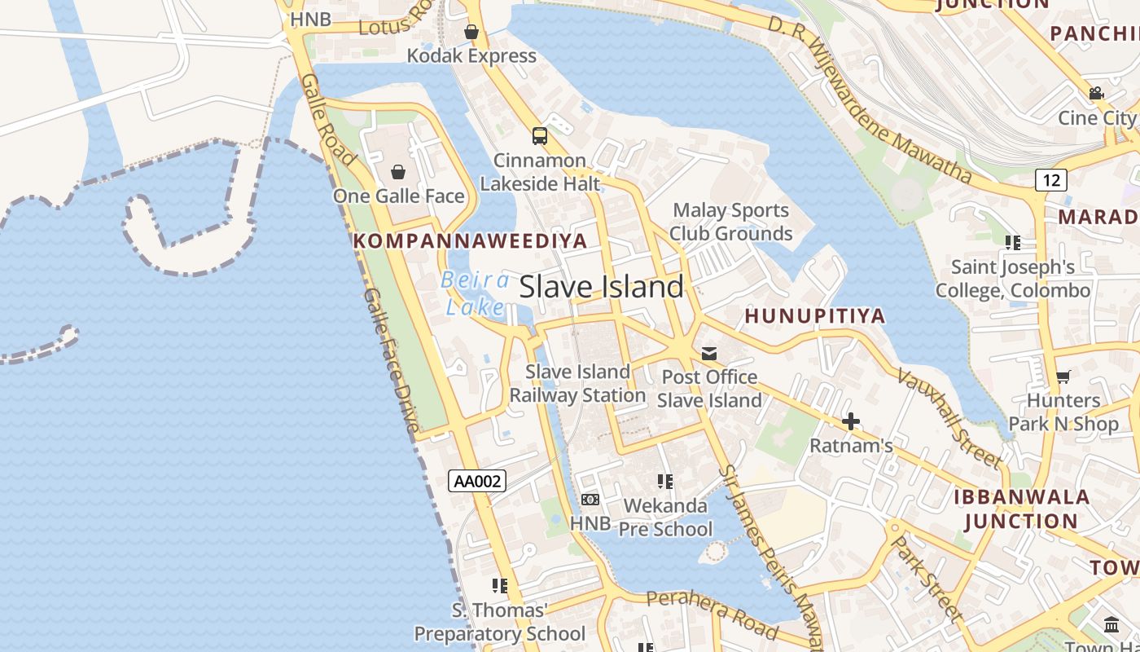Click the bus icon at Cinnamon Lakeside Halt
539,135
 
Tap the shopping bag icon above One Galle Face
398,172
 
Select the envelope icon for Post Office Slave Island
709,353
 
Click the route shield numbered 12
1051,179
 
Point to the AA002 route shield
477,481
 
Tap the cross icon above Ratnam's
851,421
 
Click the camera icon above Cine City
1096,94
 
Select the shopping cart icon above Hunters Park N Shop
1063,377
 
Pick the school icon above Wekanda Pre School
665,482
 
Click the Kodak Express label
471,56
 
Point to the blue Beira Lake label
476,293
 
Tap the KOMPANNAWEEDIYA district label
470,240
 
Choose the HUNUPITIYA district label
815,315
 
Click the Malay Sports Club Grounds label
730,222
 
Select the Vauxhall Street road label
949,418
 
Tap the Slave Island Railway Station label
577,384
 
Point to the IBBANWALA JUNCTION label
1021,509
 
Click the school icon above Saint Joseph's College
1013,243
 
